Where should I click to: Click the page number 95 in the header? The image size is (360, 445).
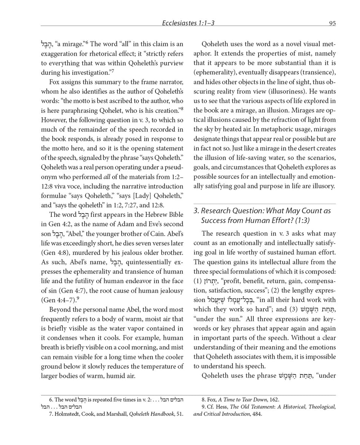[x=332, y=23]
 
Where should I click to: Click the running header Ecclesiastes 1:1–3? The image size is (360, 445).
[x=188, y=23]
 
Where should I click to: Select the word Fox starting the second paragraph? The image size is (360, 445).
[x=55, y=82]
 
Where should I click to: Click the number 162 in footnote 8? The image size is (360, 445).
[x=274, y=400]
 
